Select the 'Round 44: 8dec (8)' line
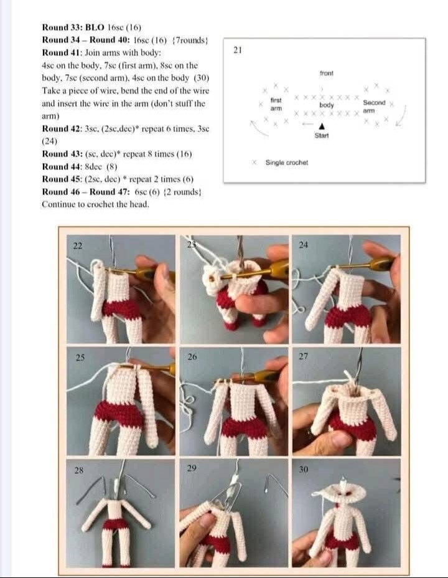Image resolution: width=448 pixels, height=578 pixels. click(x=80, y=166)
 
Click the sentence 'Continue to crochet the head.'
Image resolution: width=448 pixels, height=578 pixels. click(x=95, y=204)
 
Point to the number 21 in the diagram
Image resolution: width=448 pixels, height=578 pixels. click(x=238, y=50)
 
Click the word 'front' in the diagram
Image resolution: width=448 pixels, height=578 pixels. click(x=327, y=73)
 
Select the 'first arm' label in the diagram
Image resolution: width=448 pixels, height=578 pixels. click(x=276, y=104)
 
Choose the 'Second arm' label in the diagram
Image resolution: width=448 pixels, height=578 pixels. click(x=374, y=106)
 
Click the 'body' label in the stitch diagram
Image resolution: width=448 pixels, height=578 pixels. click(x=327, y=105)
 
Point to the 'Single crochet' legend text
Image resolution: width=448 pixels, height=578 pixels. click(x=286, y=163)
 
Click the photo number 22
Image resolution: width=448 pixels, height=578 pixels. click(x=78, y=246)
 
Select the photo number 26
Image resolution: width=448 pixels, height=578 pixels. click(x=192, y=357)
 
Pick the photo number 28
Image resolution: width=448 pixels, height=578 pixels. click(x=79, y=470)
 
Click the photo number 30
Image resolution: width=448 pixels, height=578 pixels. click(x=304, y=469)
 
